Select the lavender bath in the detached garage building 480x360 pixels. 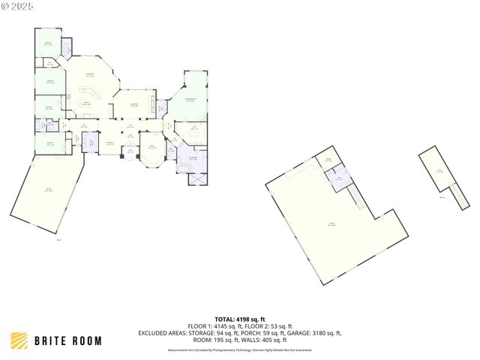[x=342, y=178]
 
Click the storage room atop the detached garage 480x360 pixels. [x=328, y=159]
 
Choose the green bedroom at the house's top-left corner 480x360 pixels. [x=49, y=44]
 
